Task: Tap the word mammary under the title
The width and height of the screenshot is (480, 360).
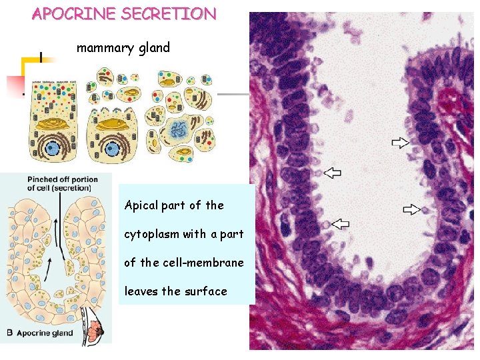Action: click(x=104, y=48)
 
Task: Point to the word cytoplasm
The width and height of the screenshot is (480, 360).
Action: click(x=151, y=234)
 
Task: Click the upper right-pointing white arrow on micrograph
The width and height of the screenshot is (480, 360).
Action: click(x=401, y=141)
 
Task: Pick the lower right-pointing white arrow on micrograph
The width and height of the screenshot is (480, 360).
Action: click(x=412, y=209)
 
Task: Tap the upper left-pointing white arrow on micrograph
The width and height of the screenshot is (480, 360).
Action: click(x=332, y=173)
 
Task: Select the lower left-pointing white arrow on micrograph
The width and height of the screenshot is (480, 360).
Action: click(x=340, y=223)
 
